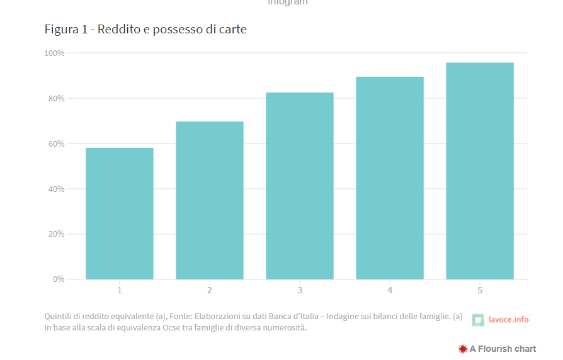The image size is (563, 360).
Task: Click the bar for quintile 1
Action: tap(120, 213)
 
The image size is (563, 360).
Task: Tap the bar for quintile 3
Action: tap(300, 186)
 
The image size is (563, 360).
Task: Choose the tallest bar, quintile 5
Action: tap(480, 171)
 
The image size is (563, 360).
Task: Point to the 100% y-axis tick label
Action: tap(54, 53)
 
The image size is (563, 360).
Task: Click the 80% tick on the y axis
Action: tap(56, 98)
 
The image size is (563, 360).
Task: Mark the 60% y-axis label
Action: tap(56, 143)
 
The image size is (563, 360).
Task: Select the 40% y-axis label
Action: tap(56, 189)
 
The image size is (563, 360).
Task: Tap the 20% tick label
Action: tap(56, 234)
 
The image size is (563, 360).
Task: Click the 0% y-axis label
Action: tap(58, 279)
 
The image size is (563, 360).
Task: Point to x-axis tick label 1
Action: tap(120, 290)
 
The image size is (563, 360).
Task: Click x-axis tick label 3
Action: tap(300, 290)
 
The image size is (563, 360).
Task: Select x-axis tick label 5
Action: tap(480, 290)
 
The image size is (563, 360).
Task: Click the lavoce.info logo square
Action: tap(478, 320)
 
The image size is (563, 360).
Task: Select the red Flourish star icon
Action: tap(463, 349)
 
